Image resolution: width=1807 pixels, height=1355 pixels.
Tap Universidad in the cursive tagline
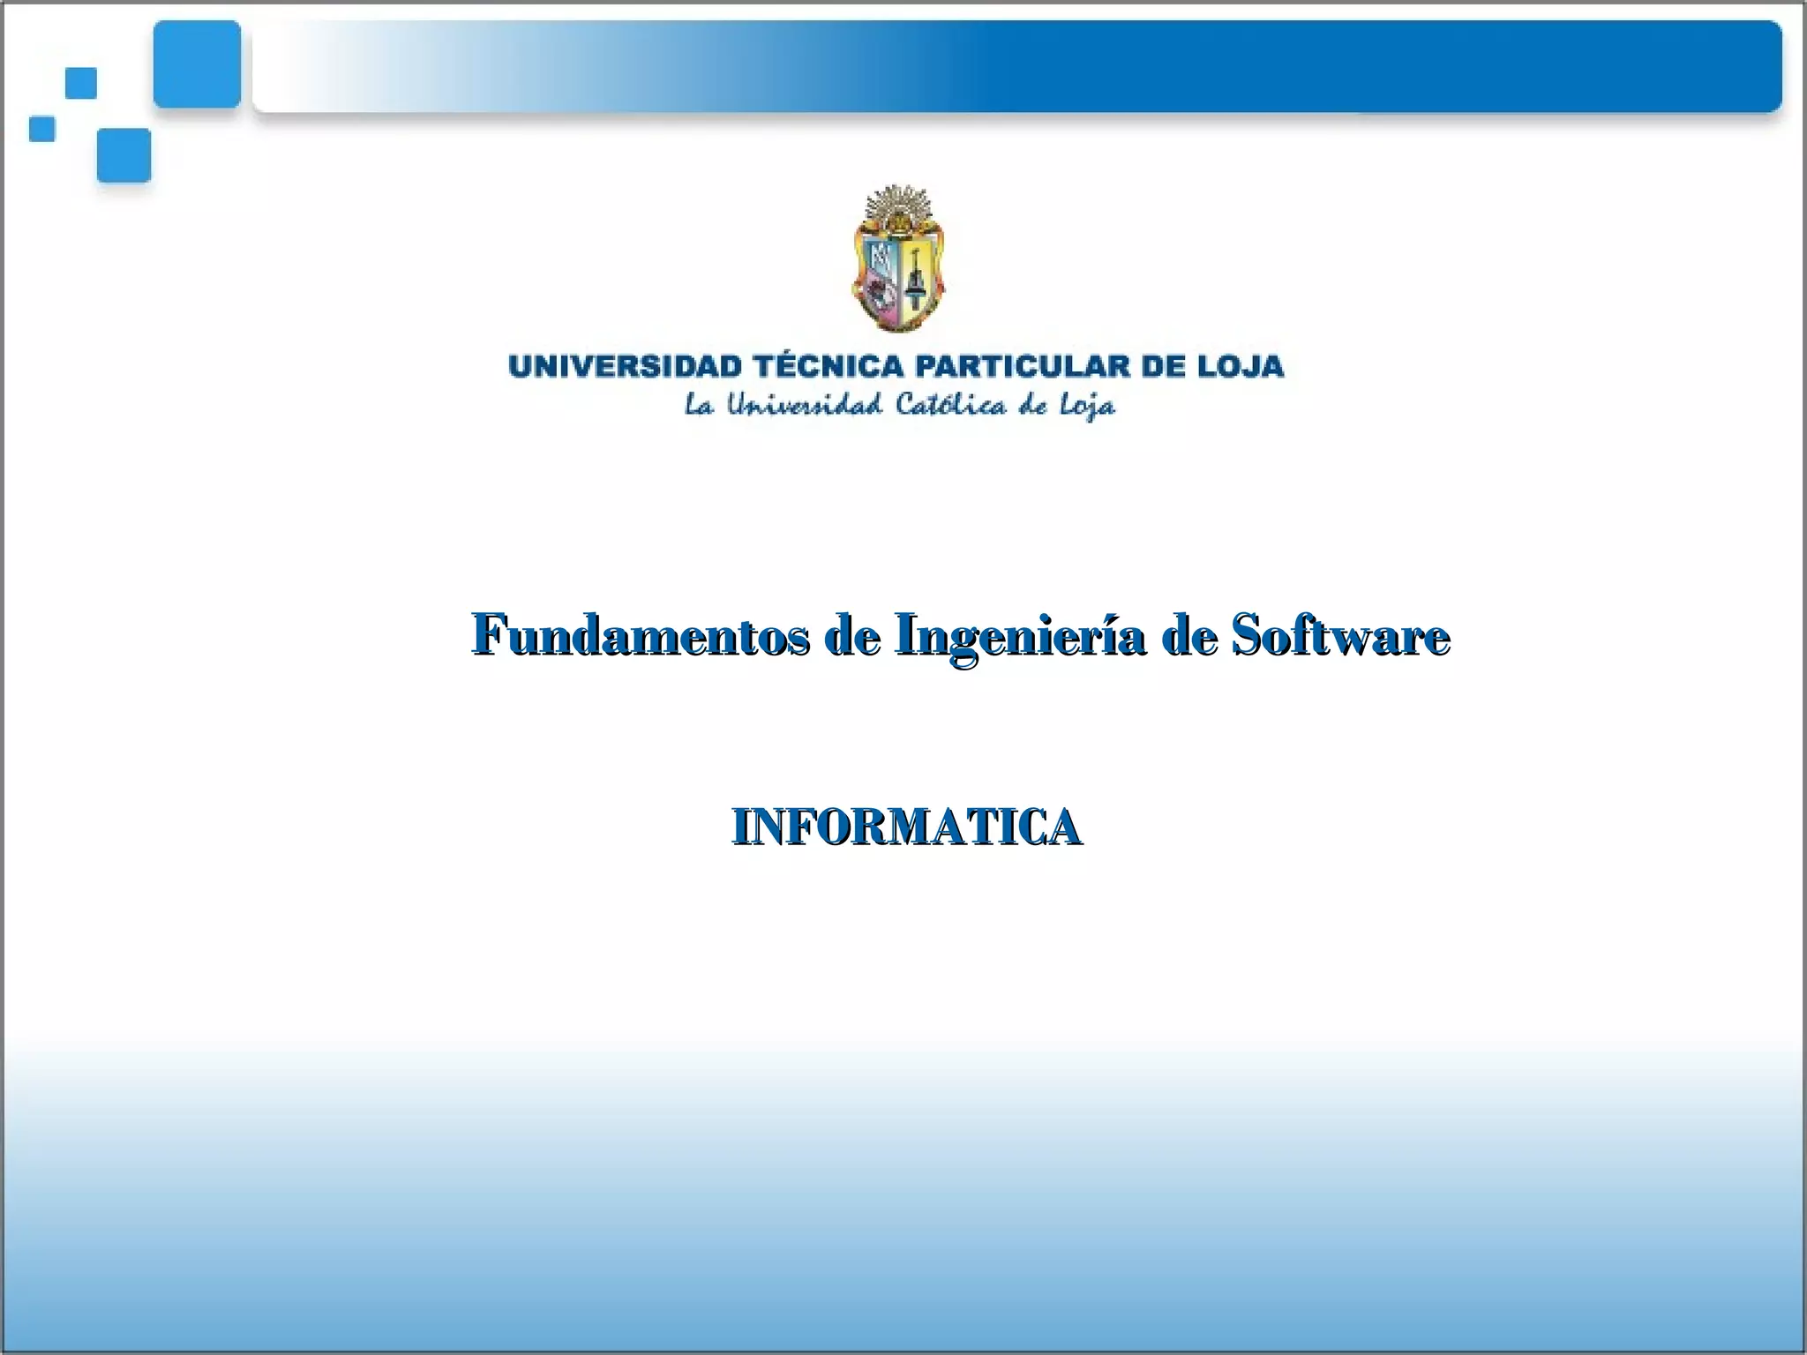tap(804, 405)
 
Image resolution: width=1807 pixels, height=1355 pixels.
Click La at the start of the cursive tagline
tap(699, 405)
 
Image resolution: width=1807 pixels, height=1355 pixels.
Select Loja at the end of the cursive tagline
tap(1086, 407)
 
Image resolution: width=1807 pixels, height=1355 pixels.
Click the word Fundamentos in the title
tap(640, 634)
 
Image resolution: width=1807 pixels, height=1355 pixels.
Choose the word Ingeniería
tap(1019, 636)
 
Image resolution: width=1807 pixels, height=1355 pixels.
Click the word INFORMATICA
tap(906, 827)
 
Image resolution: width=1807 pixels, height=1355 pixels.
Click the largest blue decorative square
tap(197, 64)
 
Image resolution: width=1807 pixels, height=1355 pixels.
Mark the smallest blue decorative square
tap(42, 129)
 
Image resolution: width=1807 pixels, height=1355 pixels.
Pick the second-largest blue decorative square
tap(124, 155)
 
